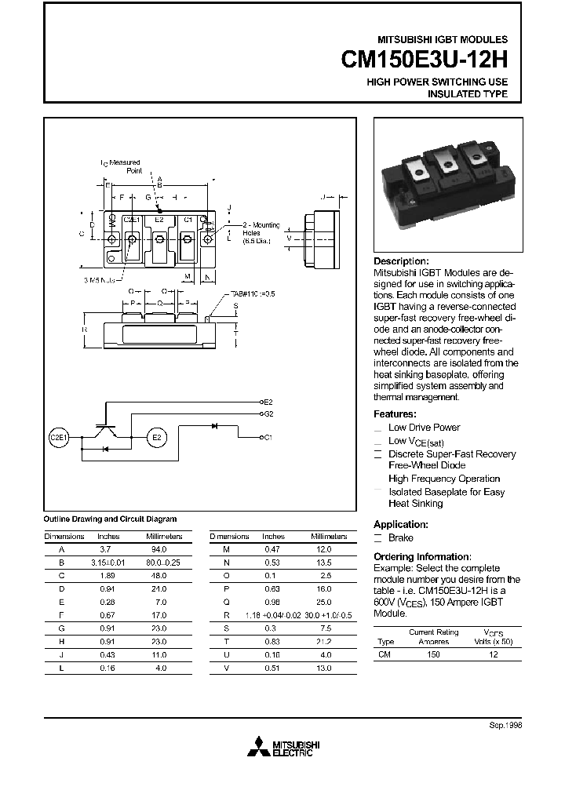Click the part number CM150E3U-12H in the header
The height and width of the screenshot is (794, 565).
pyautogui.click(x=425, y=60)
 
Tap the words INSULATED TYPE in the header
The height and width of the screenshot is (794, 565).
pyautogui.click(x=467, y=94)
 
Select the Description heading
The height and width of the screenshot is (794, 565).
pyautogui.click(x=401, y=261)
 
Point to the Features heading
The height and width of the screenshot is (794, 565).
pyautogui.click(x=395, y=414)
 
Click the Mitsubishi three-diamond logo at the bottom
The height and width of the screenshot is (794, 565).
pyautogui.click(x=256, y=748)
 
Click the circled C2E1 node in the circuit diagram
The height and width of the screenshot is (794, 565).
pyautogui.click(x=60, y=437)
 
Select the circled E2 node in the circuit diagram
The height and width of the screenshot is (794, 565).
pyautogui.click(x=155, y=437)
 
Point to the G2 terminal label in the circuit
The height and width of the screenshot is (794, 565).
pyautogui.click(x=268, y=413)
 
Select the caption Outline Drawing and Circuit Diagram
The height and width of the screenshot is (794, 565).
pyautogui.click(x=110, y=519)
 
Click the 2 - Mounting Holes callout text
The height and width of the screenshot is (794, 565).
pyautogui.click(x=256, y=233)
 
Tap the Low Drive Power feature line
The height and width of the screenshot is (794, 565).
pyautogui.click(x=424, y=428)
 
